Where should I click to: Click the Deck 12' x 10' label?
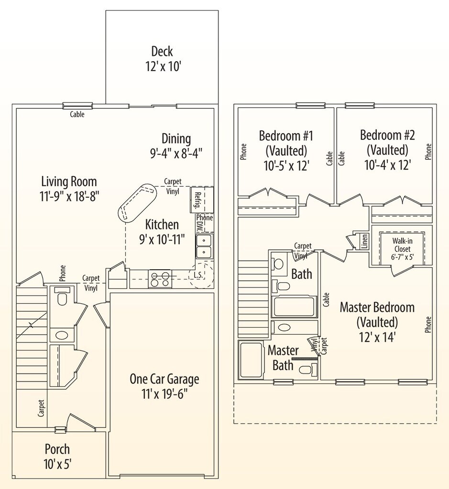[162, 58]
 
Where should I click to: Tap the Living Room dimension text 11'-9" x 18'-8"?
[69, 196]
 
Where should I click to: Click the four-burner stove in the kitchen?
[161, 278]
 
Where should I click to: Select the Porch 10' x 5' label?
[57, 456]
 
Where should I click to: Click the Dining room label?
[176, 139]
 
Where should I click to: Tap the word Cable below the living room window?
[77, 115]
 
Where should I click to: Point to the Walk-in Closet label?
[403, 245]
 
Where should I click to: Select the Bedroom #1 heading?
[286, 135]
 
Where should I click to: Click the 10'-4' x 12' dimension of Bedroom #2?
[387, 165]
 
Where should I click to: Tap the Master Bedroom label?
[377, 307]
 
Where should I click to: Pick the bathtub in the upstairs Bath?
[294, 306]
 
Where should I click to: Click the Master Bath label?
[283, 357]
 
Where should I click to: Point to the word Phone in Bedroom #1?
[244, 151]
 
